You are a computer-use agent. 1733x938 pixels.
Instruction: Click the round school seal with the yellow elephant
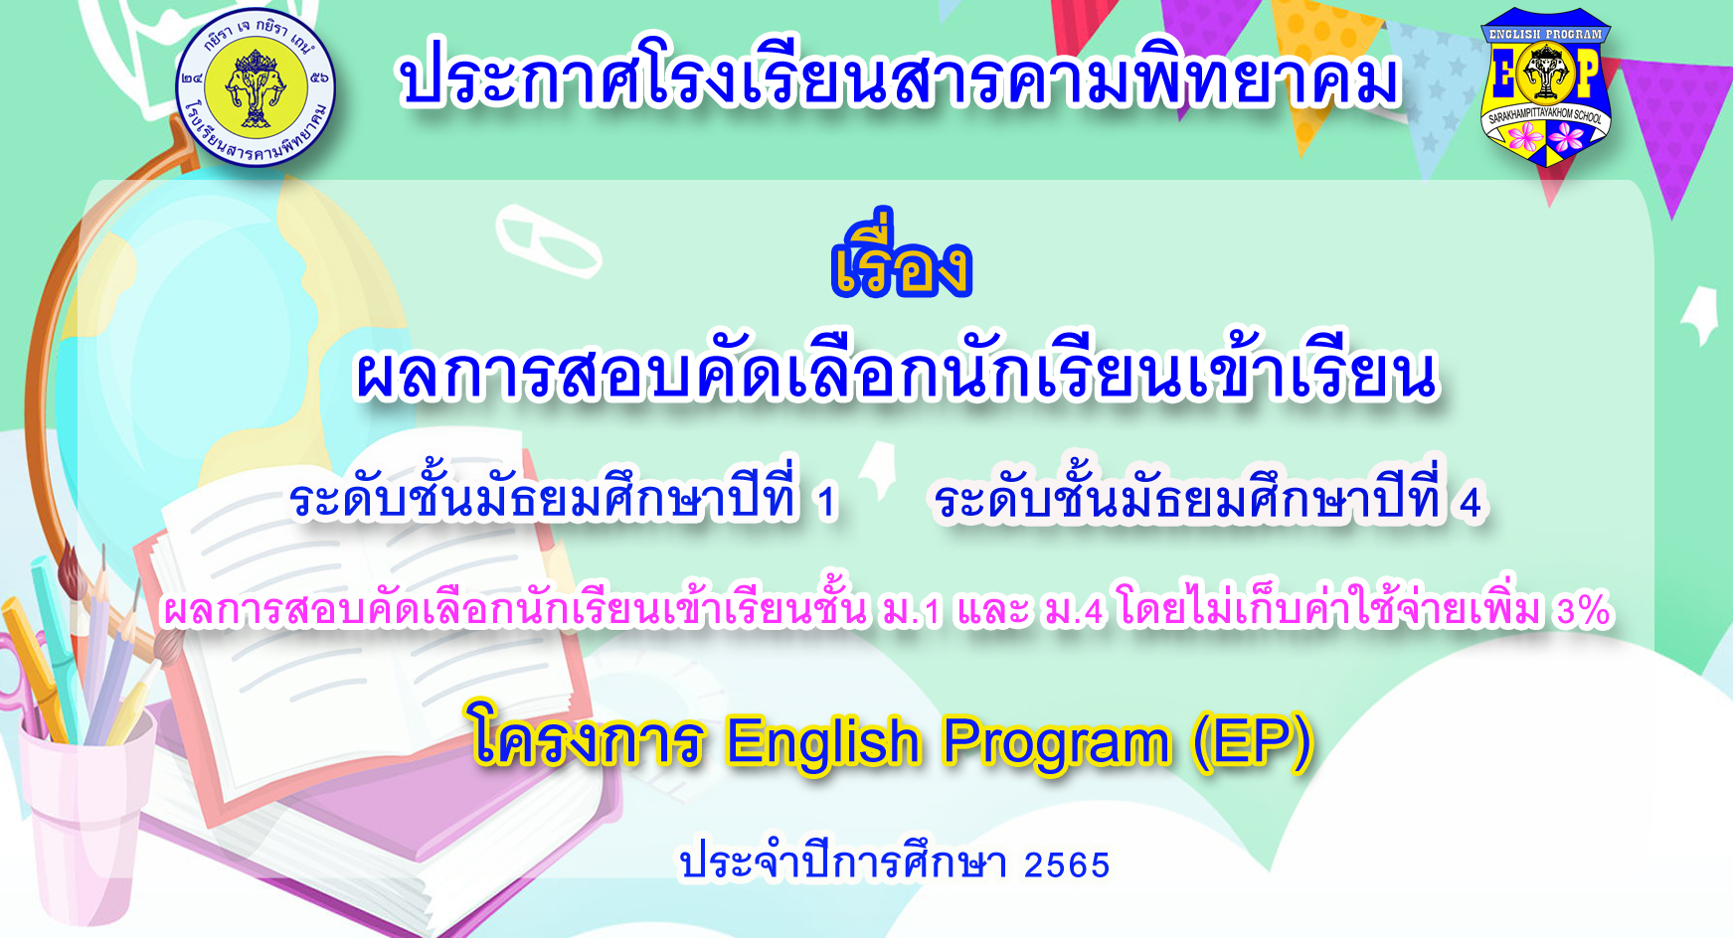(x=256, y=87)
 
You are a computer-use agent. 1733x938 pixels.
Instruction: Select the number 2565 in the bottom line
(x=1066, y=864)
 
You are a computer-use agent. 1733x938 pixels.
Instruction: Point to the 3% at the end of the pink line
(x=1584, y=609)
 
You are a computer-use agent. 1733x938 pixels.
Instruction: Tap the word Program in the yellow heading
(x=1057, y=743)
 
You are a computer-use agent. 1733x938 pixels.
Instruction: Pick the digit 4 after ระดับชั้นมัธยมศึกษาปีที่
(x=1471, y=503)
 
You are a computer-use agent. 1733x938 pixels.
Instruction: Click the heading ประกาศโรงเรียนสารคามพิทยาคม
(x=899, y=75)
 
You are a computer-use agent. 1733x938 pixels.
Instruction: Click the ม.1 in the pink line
(x=911, y=610)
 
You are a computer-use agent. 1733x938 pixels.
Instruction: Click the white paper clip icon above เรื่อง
(x=549, y=241)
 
